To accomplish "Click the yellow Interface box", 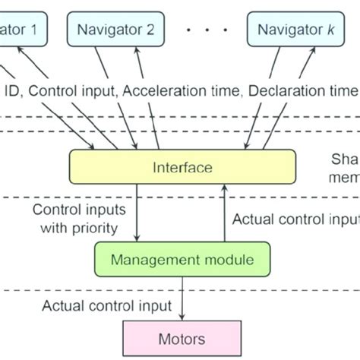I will coord(182,167).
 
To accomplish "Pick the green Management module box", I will coord(183,260).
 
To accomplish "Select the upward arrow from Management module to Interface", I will coord(223,213).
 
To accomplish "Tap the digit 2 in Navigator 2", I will coord(150,30).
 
